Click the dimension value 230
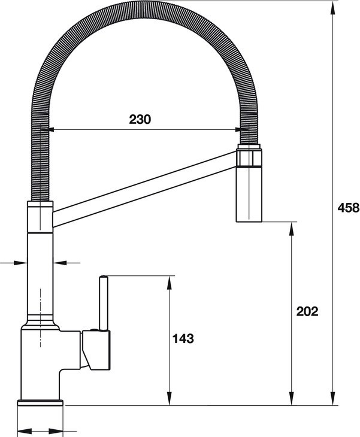140,119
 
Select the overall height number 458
347,208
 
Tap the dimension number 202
307,311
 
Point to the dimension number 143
183,339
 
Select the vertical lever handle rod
103,302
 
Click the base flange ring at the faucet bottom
41,403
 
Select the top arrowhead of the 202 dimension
292,226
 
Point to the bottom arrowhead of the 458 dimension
332,400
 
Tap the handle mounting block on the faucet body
96,350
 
